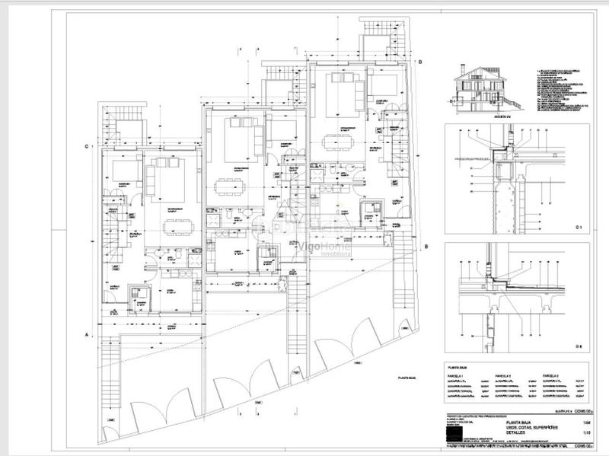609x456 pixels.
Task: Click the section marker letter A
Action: click(88, 334)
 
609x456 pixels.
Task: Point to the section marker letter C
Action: click(88, 146)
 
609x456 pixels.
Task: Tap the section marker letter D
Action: click(419, 61)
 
